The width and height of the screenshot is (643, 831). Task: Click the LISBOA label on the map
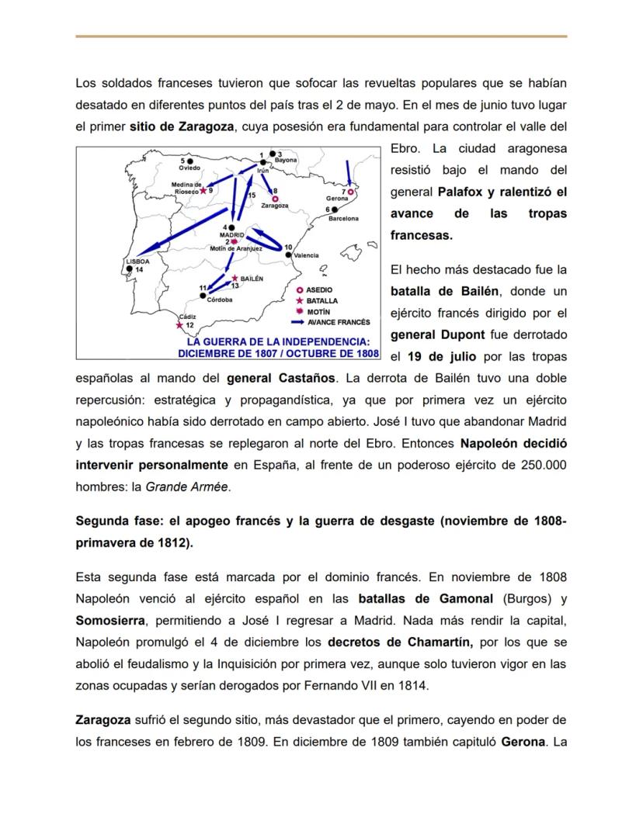137,261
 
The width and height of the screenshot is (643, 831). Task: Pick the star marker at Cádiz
180,325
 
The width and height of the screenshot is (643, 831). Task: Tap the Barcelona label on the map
343,219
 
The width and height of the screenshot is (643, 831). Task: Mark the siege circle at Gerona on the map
350,191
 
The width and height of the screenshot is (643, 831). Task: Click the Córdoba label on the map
220,300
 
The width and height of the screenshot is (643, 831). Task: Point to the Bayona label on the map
286,160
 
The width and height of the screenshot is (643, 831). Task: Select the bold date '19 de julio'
438,357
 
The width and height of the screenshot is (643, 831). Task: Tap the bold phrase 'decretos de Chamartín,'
388,642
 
